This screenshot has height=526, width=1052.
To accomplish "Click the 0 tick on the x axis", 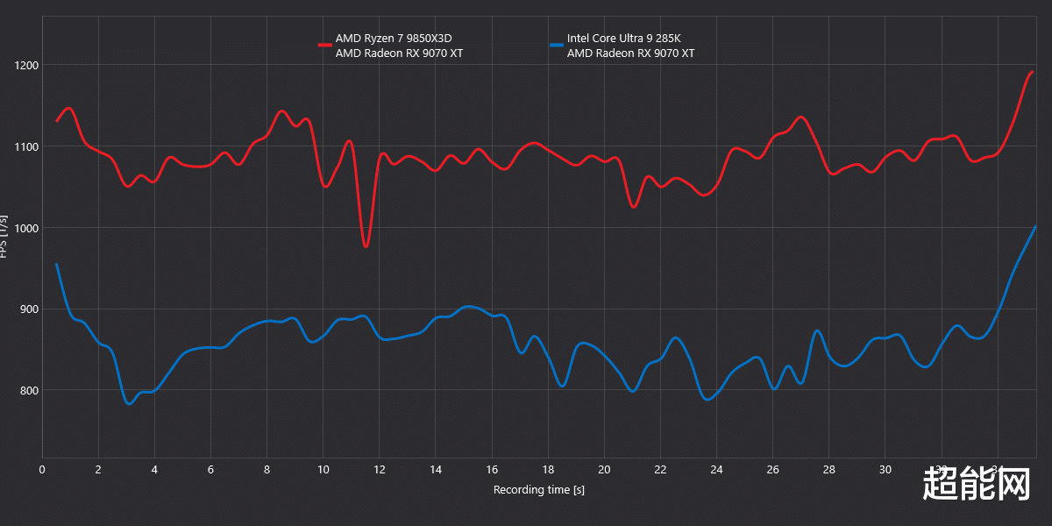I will point(42,469).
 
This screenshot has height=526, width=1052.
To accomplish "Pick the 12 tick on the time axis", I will point(380,469).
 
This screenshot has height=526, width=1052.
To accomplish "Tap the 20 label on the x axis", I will point(604,469).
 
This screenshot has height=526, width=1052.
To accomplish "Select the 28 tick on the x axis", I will point(829,469).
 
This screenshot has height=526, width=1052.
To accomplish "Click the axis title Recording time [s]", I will point(538,489).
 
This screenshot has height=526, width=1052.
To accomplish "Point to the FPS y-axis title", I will point(5,236).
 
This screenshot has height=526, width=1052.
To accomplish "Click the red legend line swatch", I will point(325,44).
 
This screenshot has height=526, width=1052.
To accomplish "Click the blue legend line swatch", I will point(557,44).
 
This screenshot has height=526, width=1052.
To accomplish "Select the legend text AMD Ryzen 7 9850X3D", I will point(399,39).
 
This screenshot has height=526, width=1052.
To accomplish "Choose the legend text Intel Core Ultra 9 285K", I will point(623,39).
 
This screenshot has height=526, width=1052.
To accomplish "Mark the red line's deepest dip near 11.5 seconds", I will point(366,246).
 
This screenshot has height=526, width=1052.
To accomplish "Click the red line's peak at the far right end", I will point(1033,72).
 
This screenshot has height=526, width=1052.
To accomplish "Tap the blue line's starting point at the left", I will point(57,264).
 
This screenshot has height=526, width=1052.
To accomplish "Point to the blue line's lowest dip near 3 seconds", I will point(129,403).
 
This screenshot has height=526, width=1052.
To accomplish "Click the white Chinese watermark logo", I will point(977,483).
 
